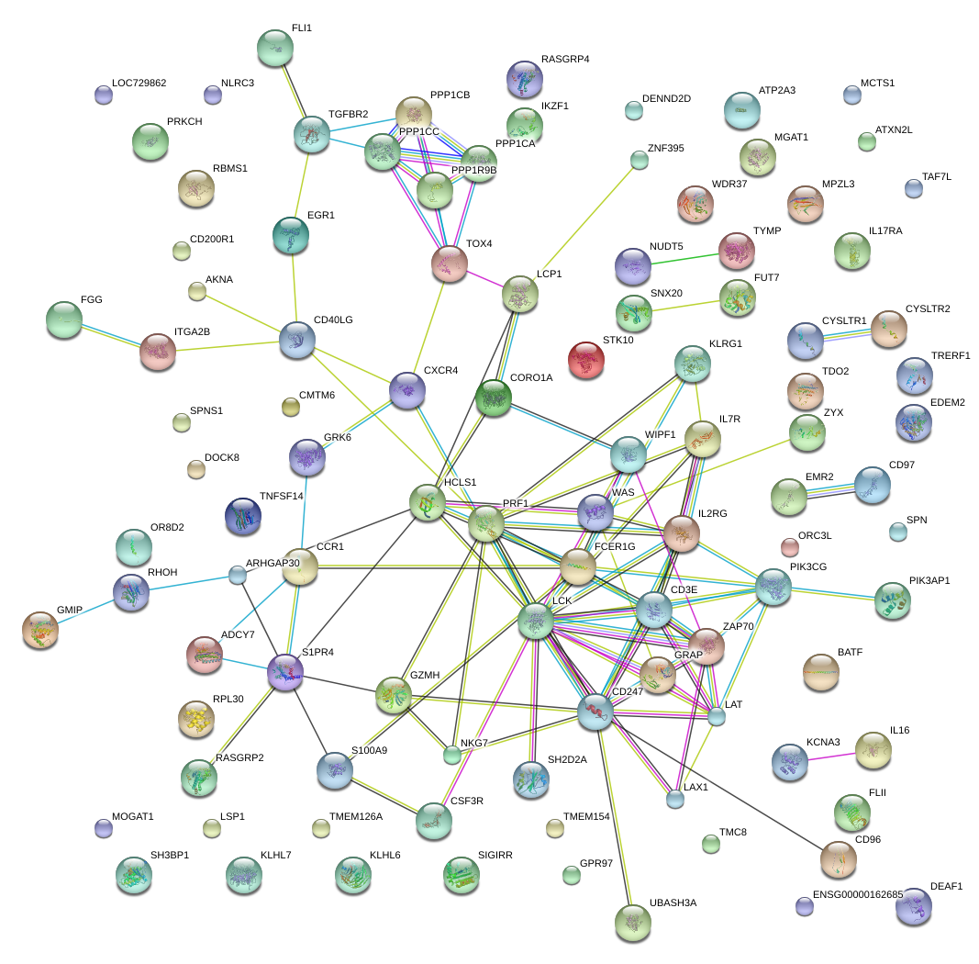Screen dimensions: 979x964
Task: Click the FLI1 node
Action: pos(274,48)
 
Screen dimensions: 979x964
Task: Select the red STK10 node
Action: pos(586,361)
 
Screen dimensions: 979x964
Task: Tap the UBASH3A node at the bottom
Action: pos(632,922)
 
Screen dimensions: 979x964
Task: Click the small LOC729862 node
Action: pos(104,94)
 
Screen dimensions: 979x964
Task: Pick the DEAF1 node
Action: pos(913,906)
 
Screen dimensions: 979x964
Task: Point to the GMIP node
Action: pos(40,630)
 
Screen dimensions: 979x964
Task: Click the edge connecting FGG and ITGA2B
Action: pos(111,334)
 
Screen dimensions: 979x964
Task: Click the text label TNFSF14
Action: pos(281,497)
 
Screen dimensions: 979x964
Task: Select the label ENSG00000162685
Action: pos(858,894)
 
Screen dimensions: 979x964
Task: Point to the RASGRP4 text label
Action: pos(565,60)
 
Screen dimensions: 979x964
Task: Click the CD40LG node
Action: pos(296,340)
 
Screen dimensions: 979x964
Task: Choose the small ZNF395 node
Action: pos(640,161)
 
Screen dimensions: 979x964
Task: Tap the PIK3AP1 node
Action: pos(893,600)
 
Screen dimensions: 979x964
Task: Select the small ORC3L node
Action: pos(789,547)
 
